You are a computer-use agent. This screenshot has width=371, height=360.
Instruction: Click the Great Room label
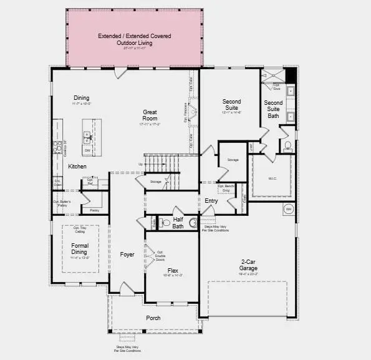pos(149,115)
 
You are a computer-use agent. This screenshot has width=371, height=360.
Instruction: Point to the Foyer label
pos(128,255)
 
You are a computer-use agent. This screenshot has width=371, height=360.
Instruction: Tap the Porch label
pos(153,318)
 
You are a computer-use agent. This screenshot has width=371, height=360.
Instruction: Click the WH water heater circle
pos(289,208)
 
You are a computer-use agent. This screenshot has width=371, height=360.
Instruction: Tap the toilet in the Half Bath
pos(166,223)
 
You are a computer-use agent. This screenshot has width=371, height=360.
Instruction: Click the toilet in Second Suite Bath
pos(287,146)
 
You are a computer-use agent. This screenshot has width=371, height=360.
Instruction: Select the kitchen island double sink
pos(87,137)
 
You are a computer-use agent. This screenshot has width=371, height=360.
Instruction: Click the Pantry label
pos(94,211)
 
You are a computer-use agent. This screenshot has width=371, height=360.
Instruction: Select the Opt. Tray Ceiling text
pos(80,230)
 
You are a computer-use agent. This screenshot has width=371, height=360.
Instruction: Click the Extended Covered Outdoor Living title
pos(135,39)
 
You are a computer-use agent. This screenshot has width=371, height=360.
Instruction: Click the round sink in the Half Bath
pos(193,222)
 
